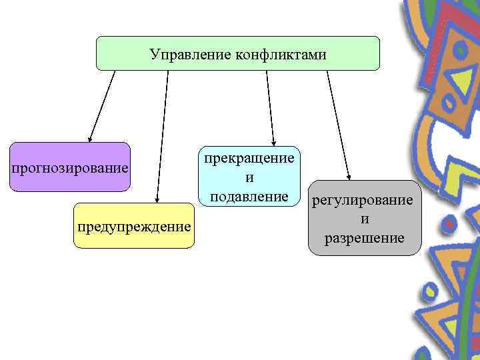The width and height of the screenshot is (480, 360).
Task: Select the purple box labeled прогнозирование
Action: click(69, 167)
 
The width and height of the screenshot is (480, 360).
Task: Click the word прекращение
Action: click(249, 158)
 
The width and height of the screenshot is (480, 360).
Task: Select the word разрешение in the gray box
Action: click(364, 237)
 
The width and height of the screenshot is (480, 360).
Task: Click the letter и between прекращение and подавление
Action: click(249, 177)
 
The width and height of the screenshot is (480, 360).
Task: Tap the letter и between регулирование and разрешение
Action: click(365, 219)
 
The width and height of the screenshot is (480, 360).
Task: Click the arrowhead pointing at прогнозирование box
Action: click(90, 139)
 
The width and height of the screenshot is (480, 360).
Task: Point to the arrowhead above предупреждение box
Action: click(157, 198)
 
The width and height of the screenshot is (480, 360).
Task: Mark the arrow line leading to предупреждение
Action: click(163, 133)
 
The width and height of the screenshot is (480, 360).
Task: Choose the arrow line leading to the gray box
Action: click(337, 123)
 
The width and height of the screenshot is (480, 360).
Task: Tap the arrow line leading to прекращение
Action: click(269, 107)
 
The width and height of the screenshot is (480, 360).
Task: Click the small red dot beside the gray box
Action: click(450, 226)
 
